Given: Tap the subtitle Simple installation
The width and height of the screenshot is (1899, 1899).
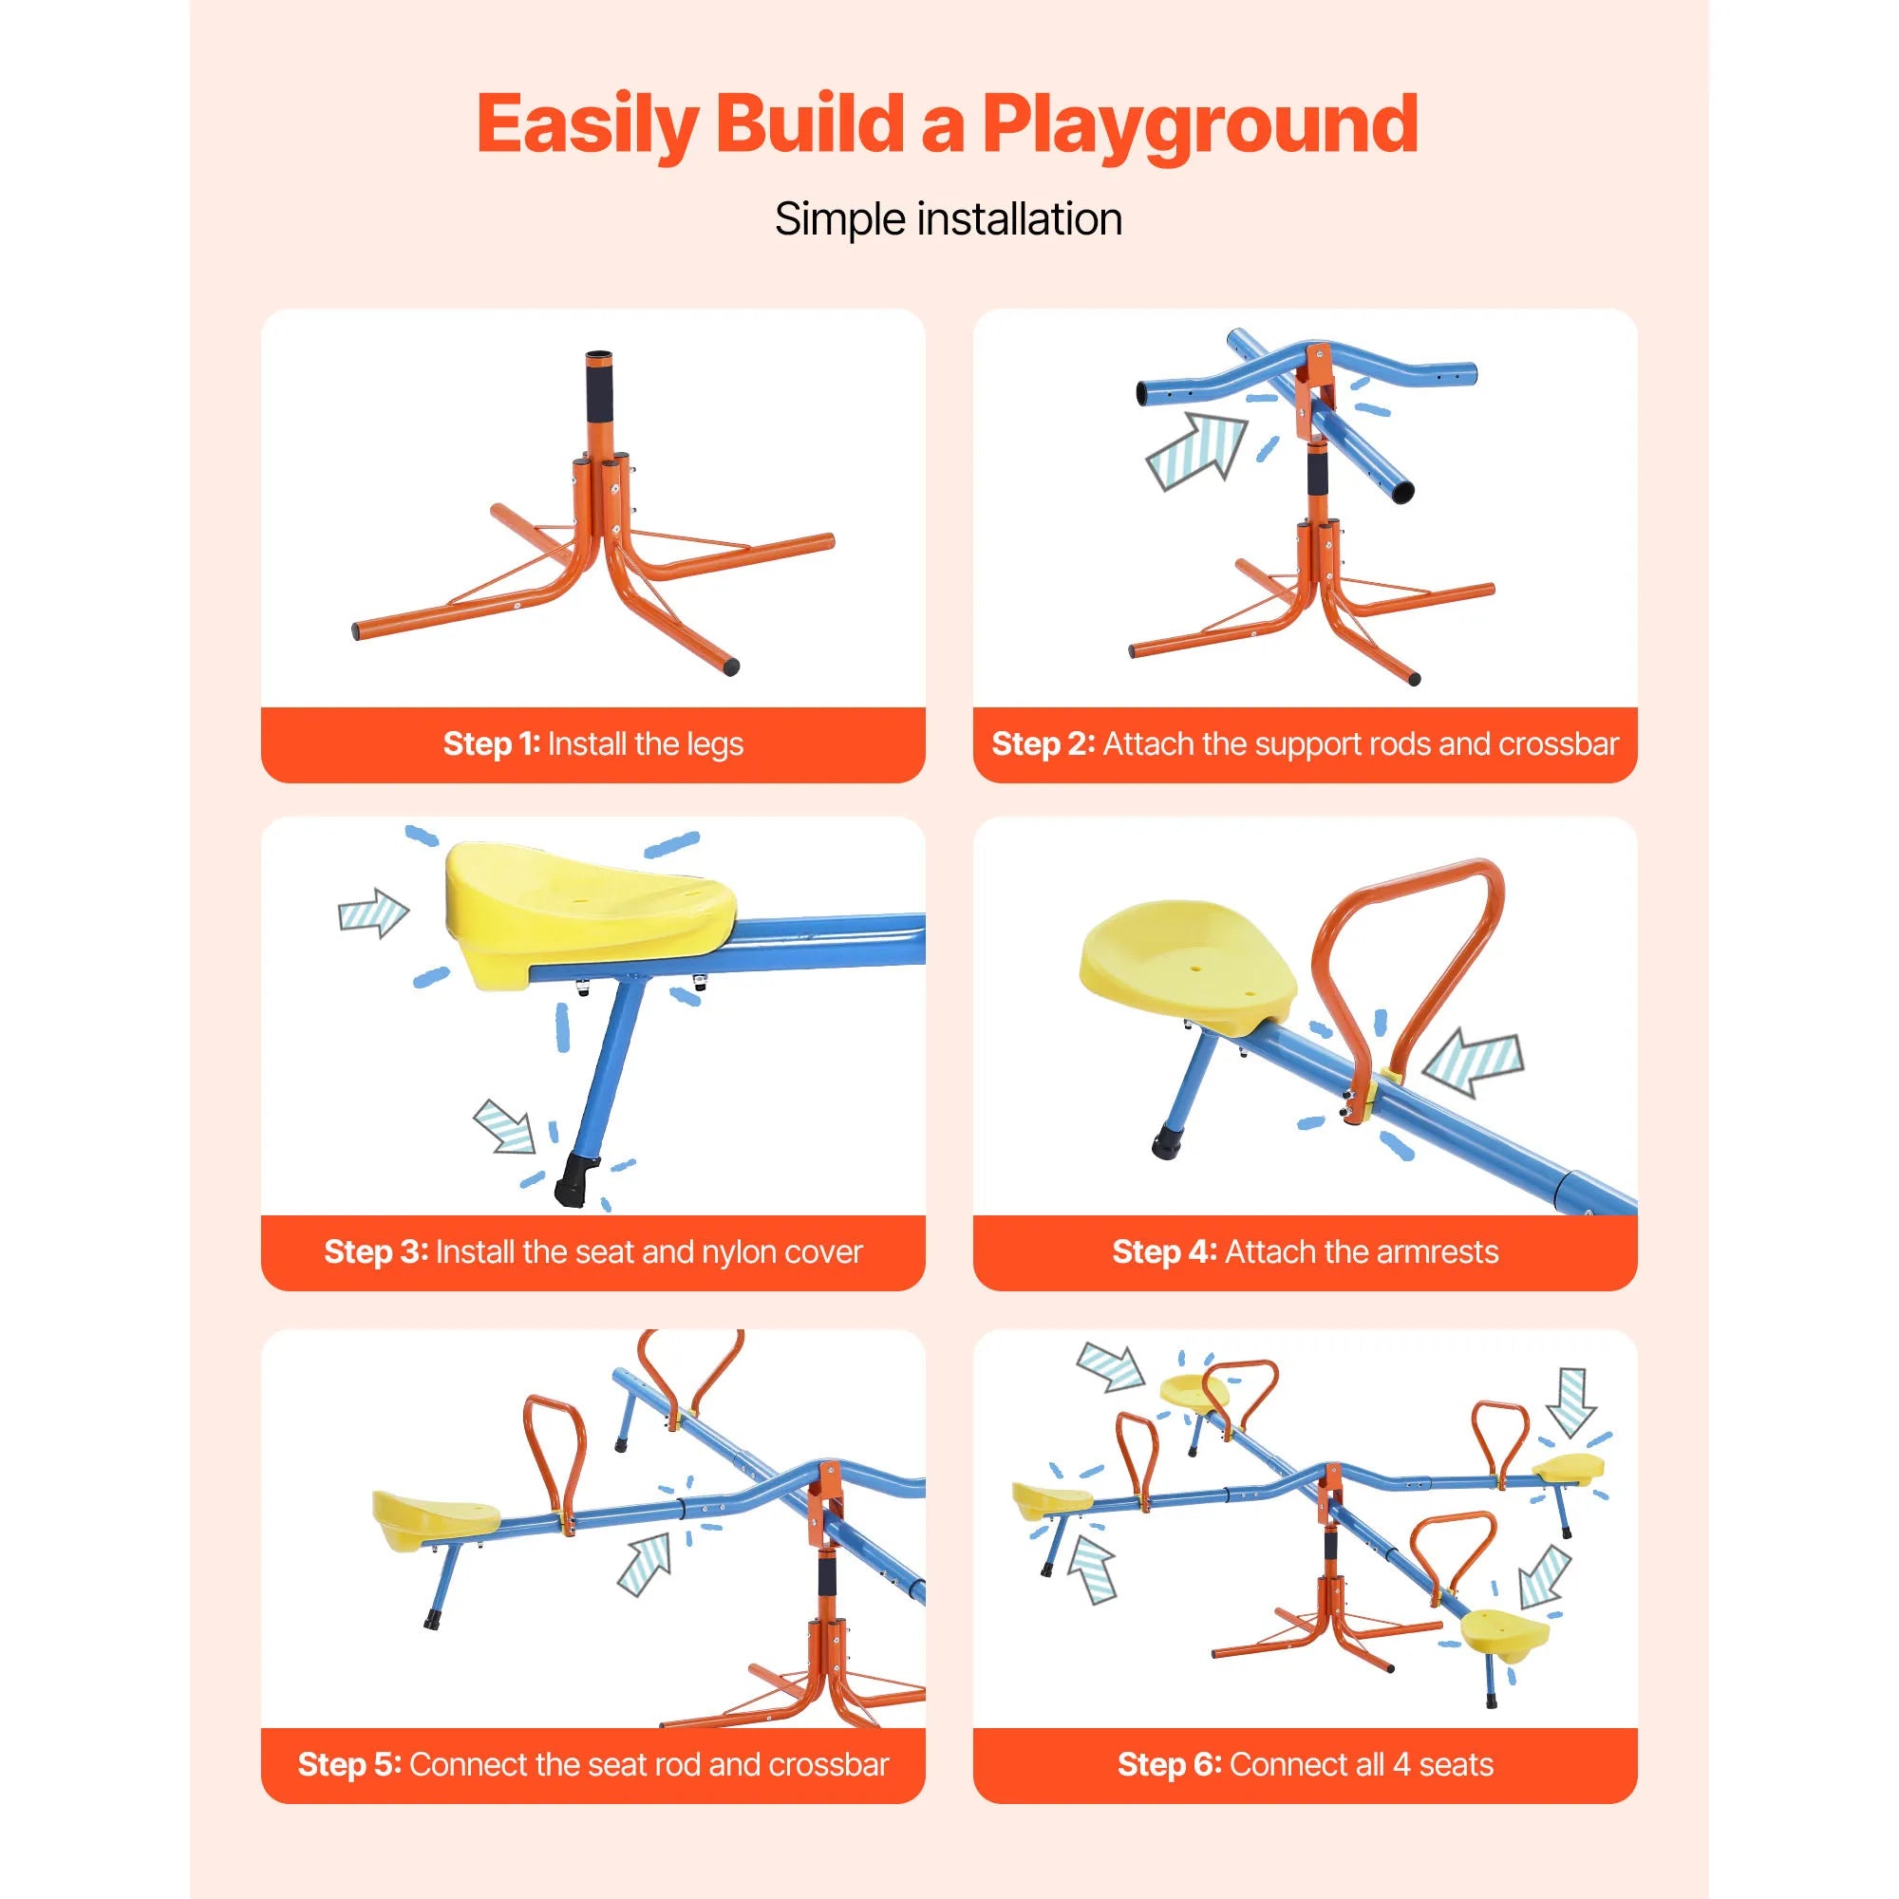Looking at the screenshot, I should [948, 219].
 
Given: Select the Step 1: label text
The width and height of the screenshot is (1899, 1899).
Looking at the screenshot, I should [492, 744].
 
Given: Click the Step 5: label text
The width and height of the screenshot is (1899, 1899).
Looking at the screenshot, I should [348, 1764].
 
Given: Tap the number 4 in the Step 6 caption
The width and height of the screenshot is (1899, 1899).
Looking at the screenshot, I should [1401, 1764].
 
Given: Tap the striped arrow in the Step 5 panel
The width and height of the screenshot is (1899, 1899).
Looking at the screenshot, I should [646, 1563].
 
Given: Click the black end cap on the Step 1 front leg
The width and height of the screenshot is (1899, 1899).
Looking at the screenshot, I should [728, 667].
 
